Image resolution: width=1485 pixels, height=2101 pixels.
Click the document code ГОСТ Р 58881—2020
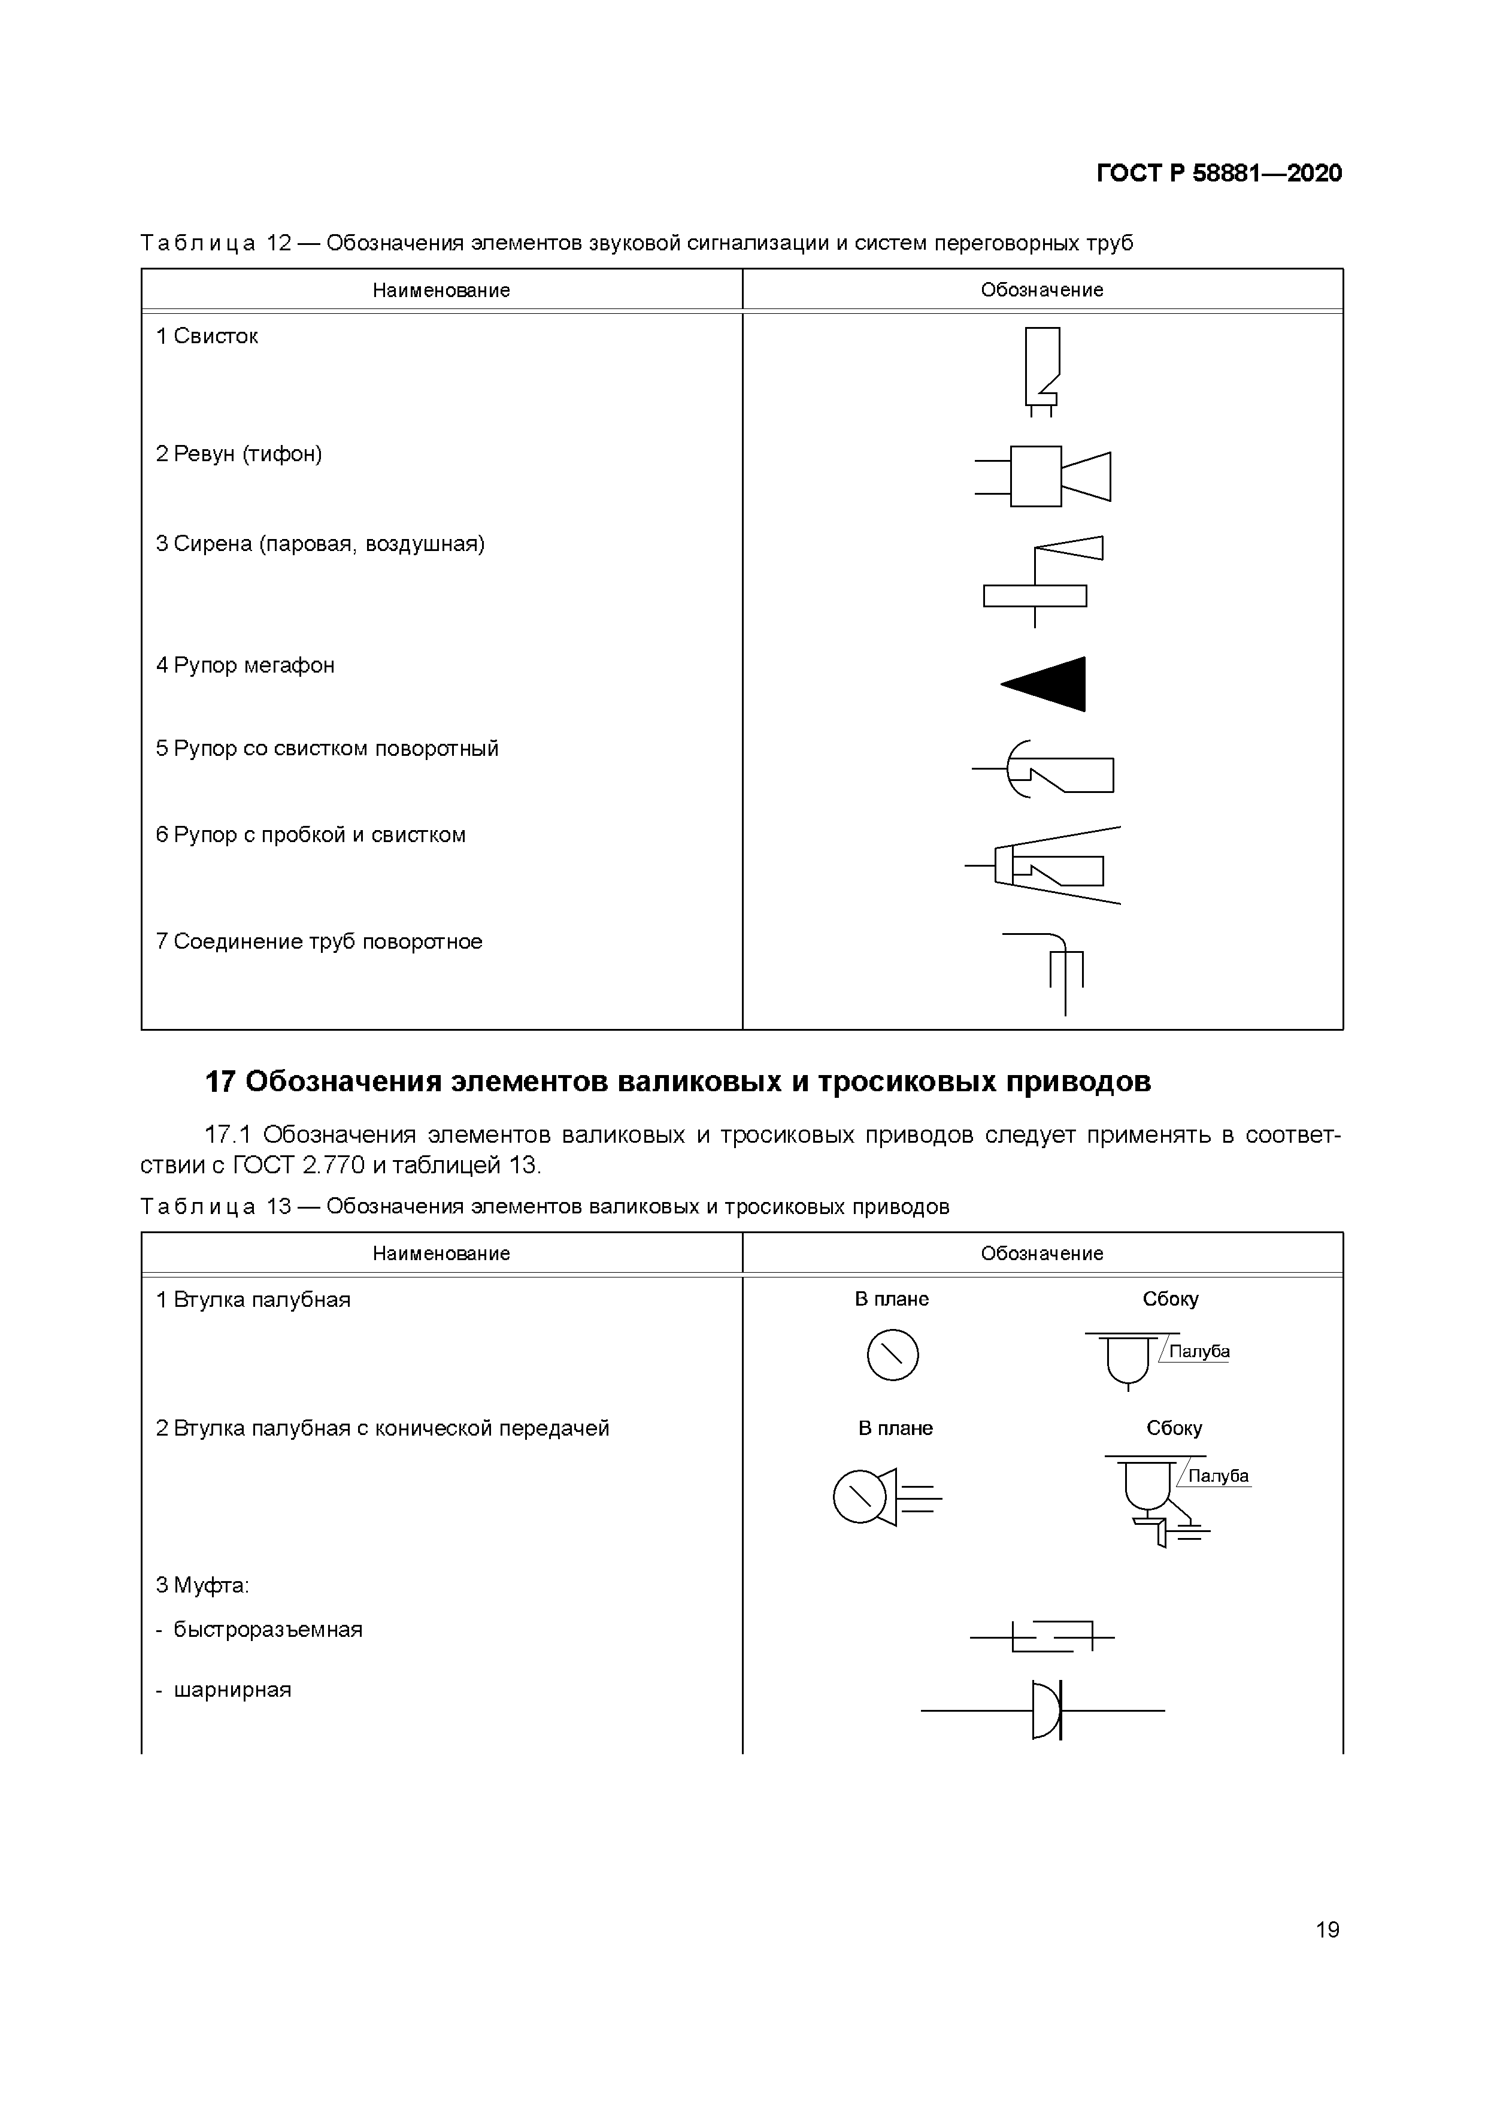pos(1218,173)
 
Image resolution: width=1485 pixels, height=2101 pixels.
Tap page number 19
pos(1327,1929)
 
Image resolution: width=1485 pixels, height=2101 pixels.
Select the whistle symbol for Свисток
pos(1041,371)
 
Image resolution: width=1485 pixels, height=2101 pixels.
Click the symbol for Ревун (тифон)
pos(1043,476)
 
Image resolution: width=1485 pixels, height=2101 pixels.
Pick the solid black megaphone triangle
pos(1048,683)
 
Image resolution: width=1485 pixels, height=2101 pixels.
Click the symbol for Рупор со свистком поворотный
pos(1045,770)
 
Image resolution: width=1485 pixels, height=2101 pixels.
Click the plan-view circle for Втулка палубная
pos(892,1354)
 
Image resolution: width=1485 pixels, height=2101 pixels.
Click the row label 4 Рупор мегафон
pos(246,665)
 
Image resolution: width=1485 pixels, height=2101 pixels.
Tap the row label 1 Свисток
pos(207,337)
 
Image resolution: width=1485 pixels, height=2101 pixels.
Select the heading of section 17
pos(678,1082)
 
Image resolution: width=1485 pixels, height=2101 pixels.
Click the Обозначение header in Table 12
pos(1042,290)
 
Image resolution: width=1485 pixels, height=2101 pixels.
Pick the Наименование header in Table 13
pos(441,1253)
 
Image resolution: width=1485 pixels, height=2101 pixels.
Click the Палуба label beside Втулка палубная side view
pos(1199,1352)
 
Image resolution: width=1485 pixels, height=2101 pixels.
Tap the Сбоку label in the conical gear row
pos(1174,1428)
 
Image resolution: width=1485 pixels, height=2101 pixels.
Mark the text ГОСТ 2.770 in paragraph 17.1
pos(300,1165)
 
